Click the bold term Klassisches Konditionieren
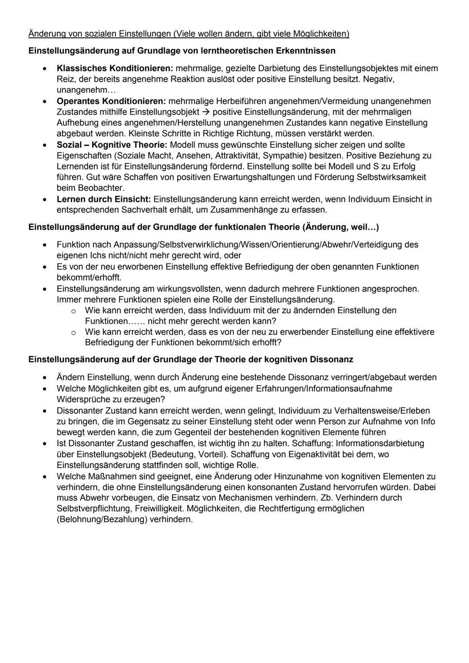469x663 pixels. (x=115, y=69)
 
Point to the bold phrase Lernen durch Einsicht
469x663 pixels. (x=103, y=199)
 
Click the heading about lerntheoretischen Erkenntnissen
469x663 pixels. (x=182, y=51)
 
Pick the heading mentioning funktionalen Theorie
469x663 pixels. (x=203, y=227)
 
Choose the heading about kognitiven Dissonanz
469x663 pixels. (x=191, y=360)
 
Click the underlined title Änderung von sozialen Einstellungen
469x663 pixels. (x=188, y=33)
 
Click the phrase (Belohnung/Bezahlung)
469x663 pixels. (x=102, y=519)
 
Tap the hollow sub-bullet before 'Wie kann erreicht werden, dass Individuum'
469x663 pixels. (x=73, y=311)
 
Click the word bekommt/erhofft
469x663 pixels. (x=89, y=277)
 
